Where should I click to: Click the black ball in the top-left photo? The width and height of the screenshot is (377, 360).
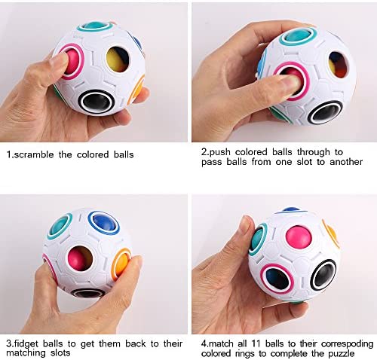(x=97, y=101)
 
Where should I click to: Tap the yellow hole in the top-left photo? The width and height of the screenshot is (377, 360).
(x=118, y=59)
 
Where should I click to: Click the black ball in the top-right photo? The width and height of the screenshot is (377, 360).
(x=326, y=113)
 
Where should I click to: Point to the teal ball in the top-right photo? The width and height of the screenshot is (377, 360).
(x=299, y=36)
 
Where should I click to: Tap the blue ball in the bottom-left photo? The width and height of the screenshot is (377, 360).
(x=104, y=222)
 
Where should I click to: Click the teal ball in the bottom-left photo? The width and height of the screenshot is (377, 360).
(x=60, y=226)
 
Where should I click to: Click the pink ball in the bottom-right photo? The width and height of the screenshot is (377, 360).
(x=299, y=237)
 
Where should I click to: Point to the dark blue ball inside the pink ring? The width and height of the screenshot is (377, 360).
(x=277, y=278)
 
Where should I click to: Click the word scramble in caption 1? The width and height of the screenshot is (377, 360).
(x=34, y=154)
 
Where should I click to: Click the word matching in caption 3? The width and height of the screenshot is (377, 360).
(x=26, y=353)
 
